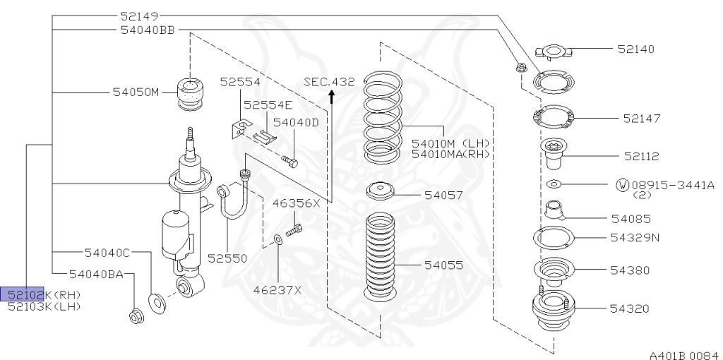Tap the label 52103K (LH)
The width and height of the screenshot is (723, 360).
pyautogui.click(x=44, y=306)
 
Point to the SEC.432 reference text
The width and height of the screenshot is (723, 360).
pyautogui.click(x=329, y=82)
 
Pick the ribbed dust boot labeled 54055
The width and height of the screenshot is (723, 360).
pyautogui.click(x=382, y=258)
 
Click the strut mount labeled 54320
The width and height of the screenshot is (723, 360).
pyautogui.click(x=550, y=311)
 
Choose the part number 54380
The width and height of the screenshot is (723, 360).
pyautogui.click(x=631, y=270)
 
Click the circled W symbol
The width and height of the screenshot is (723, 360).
pyautogui.click(x=622, y=185)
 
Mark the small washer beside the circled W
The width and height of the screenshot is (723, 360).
pyautogui.click(x=554, y=184)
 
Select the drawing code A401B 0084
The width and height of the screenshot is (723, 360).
pyautogui.click(x=683, y=351)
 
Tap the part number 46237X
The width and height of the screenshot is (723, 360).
pyautogui.click(x=278, y=289)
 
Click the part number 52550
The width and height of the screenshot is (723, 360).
pyautogui.click(x=227, y=259)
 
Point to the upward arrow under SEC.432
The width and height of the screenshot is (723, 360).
pyautogui.click(x=332, y=97)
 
